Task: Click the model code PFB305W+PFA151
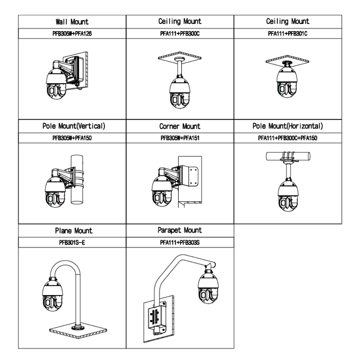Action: [180, 138]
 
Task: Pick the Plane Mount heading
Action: [72, 231]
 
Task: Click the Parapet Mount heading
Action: [180, 231]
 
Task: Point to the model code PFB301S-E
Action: [72, 243]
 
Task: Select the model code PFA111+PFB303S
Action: [180, 243]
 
